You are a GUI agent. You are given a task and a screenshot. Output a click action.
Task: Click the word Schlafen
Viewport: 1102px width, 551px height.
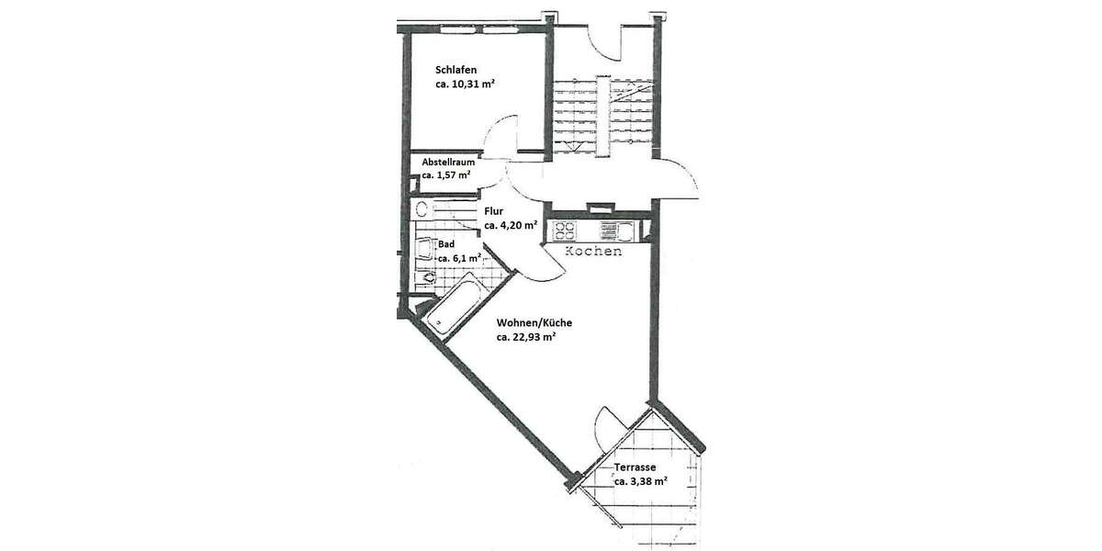tap(455, 69)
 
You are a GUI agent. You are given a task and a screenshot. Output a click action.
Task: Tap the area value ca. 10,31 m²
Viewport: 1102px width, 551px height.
tap(466, 84)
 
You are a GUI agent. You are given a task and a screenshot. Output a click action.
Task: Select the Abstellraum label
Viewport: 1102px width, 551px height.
tap(448, 163)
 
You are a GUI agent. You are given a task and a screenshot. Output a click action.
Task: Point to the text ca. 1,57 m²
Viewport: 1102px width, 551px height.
tap(446, 174)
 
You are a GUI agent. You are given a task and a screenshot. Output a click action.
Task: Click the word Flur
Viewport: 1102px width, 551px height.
tap(493, 210)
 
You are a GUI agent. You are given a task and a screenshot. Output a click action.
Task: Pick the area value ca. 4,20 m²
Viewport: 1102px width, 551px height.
tap(510, 225)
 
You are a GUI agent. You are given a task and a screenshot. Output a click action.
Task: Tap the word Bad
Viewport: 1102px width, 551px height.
tap(446, 244)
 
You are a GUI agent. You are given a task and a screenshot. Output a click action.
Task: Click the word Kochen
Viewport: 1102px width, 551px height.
tap(593, 252)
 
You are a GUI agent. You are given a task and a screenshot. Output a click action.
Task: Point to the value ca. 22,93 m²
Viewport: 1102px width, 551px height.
tap(527, 337)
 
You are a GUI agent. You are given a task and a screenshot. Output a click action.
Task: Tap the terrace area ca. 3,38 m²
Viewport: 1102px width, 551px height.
tap(640, 480)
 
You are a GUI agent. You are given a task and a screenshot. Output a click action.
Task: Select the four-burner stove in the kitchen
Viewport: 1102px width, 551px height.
tap(563, 230)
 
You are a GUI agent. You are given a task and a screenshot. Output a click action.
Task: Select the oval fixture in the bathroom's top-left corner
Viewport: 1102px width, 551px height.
tap(423, 209)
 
